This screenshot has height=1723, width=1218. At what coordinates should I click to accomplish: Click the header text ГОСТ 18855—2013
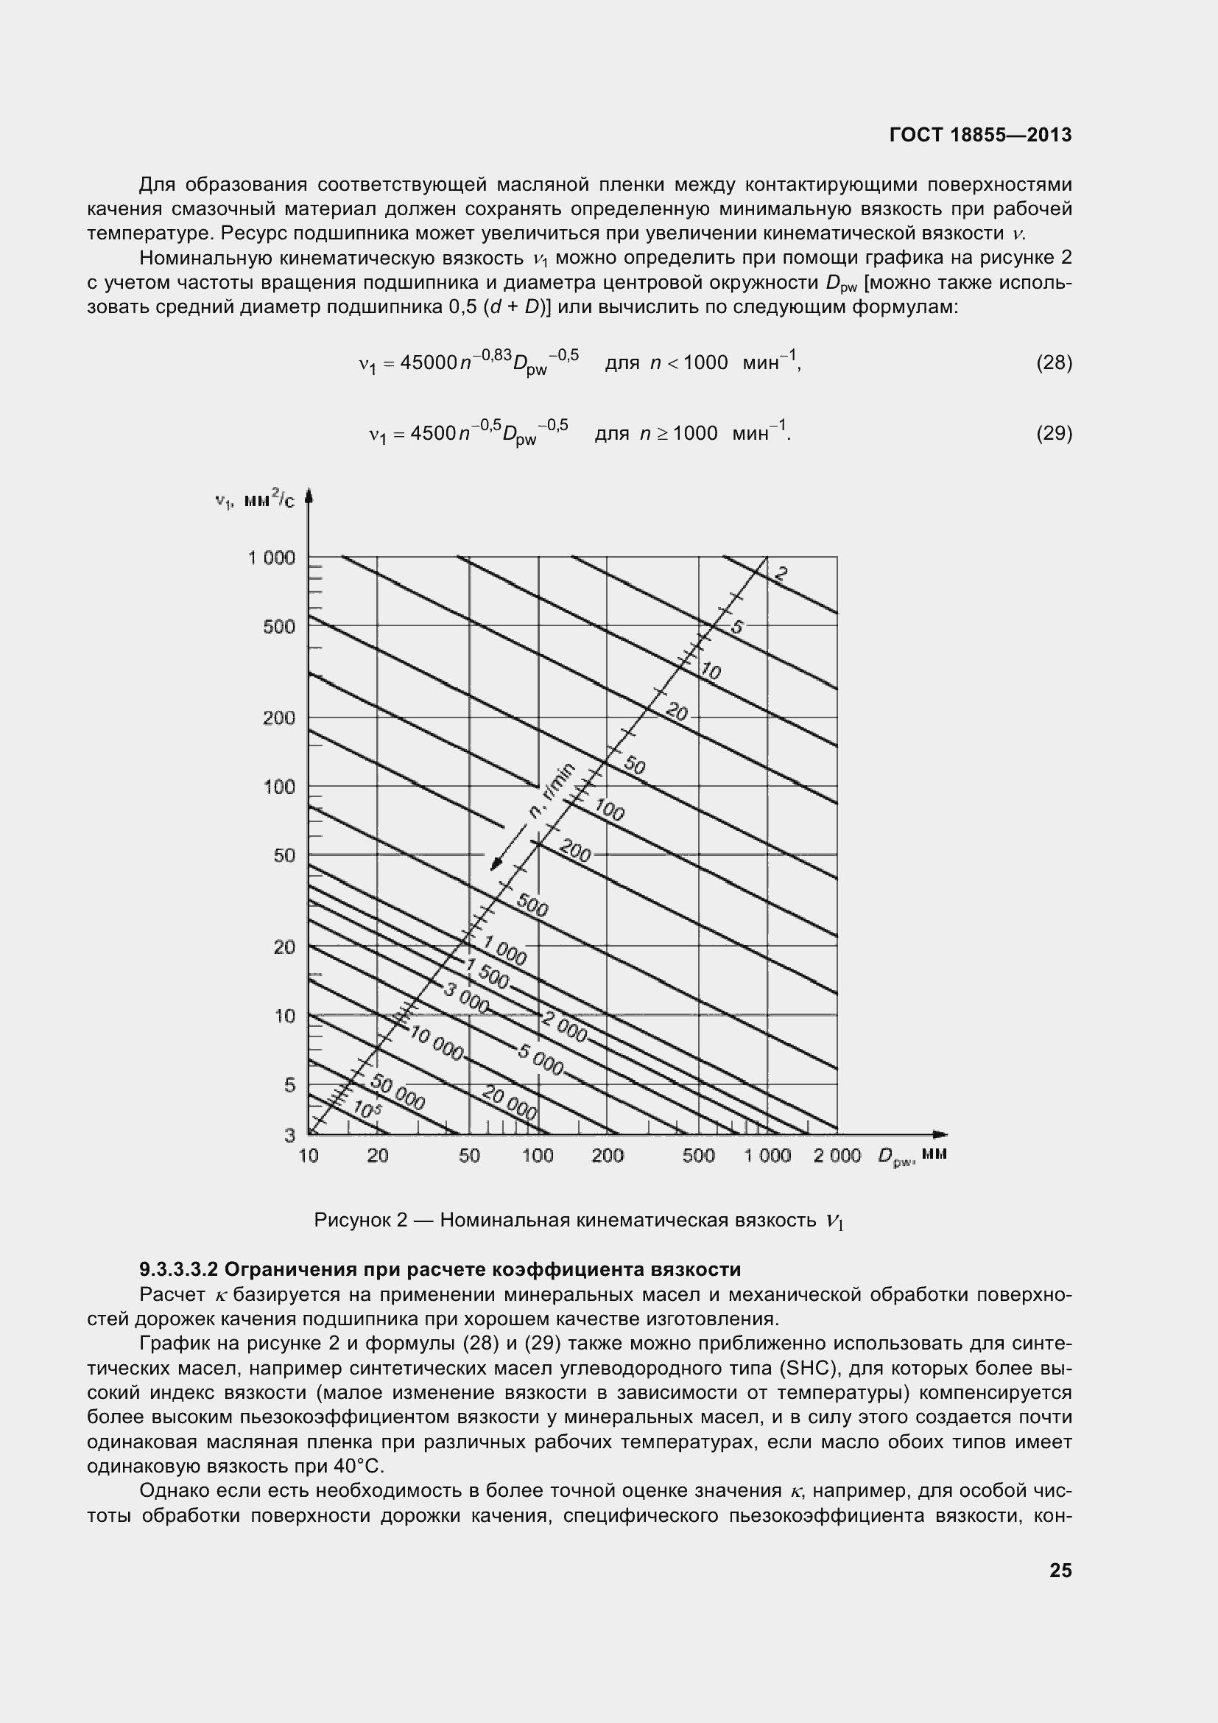point(980,135)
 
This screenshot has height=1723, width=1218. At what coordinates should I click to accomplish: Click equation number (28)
point(1054,363)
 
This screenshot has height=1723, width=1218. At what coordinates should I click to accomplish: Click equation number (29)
point(1054,434)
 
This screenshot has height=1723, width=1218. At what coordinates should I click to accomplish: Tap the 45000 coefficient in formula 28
point(429,363)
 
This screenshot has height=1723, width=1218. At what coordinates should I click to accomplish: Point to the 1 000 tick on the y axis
point(272,558)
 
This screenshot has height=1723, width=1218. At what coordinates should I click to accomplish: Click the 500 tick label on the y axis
point(279,627)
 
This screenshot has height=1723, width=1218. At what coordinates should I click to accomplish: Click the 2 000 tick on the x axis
point(837,1156)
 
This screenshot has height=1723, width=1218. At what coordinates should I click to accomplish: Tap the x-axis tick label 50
point(469,1156)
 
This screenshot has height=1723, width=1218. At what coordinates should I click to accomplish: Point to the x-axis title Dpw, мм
point(912,1156)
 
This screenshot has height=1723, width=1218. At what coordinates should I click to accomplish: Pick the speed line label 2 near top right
point(780,575)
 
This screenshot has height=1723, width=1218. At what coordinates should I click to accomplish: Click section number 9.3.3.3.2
point(177,1270)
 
